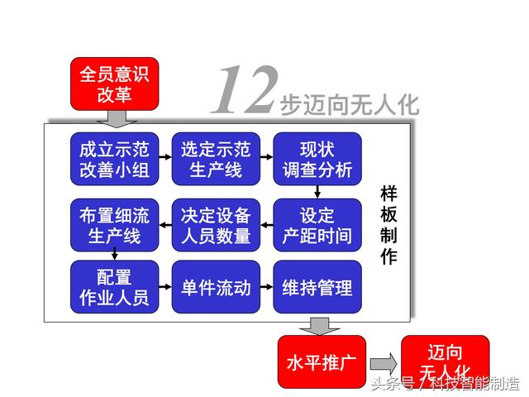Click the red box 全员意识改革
tap(114, 84)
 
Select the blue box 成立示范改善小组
tap(114, 159)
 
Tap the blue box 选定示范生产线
tap(216, 159)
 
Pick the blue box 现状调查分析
tap(317, 159)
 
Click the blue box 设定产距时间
tap(317, 225)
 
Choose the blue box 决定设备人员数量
tap(216, 225)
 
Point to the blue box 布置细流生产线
tap(114, 225)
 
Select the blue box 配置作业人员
tap(114, 287)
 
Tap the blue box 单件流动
tap(216, 287)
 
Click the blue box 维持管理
tap(317, 287)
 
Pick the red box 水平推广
tap(322, 361)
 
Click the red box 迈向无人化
tap(446, 361)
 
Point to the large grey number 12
tap(245, 89)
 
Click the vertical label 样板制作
tap(388, 225)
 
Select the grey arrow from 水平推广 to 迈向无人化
tap(384, 364)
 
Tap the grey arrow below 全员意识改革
tap(117, 119)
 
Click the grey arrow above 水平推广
tap(320, 326)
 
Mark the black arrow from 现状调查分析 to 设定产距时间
tap(317, 192)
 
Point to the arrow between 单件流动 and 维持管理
tap(267, 287)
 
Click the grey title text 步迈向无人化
tap(350, 105)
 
